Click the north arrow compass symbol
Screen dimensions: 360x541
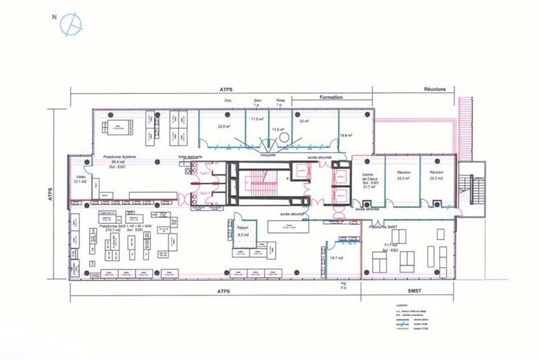point(71,24)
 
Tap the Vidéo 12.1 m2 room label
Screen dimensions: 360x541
point(80,179)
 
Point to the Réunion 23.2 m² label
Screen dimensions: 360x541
point(404,176)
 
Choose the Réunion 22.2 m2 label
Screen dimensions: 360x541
point(436,176)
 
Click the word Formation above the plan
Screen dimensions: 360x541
point(328,97)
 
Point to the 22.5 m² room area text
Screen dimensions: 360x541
point(223,126)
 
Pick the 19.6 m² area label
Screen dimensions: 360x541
point(347,135)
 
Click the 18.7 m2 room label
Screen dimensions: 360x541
point(337,258)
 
